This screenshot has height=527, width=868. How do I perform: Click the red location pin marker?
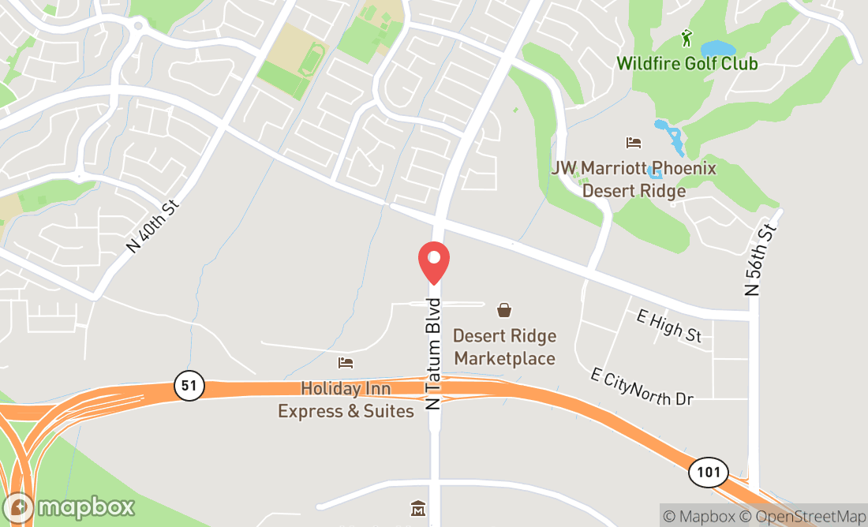[433, 261]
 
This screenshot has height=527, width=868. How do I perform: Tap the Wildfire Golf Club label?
[687, 63]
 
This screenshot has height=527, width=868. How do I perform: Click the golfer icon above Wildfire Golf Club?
[687, 37]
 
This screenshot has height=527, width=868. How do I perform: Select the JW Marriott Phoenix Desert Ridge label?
[634, 179]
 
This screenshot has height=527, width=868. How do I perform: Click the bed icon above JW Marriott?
[634, 143]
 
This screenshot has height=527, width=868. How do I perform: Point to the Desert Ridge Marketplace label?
[504, 347]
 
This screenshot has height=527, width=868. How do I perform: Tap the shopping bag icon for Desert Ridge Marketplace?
[504, 310]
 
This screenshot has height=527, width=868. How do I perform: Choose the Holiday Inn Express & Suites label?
[346, 400]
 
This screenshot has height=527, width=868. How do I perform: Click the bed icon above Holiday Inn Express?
[346, 363]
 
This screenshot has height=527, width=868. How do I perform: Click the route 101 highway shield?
[708, 473]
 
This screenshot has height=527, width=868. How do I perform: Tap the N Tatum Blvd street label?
[432, 353]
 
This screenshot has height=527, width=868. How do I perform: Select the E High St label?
[668, 326]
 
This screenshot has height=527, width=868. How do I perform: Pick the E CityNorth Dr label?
[642, 387]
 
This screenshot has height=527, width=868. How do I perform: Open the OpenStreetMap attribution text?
[808, 516]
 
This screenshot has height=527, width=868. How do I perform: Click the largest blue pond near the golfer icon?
[718, 50]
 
